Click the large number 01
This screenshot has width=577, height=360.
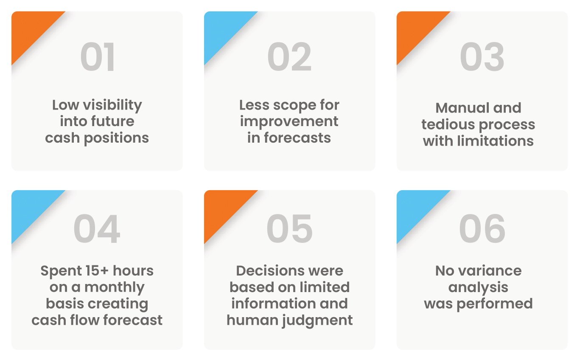pos(98,57)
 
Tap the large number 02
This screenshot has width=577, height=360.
pos(289,57)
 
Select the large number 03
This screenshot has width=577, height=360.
pos(482,57)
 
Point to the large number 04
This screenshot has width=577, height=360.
pos(97,228)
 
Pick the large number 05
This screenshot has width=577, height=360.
pos(289,228)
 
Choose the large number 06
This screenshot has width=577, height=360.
pos(482,228)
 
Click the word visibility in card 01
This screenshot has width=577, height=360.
pos(112,106)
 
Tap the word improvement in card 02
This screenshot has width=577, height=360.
pos(289,122)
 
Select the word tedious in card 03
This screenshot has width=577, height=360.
pos(448,124)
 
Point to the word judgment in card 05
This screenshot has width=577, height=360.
pos(317,321)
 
